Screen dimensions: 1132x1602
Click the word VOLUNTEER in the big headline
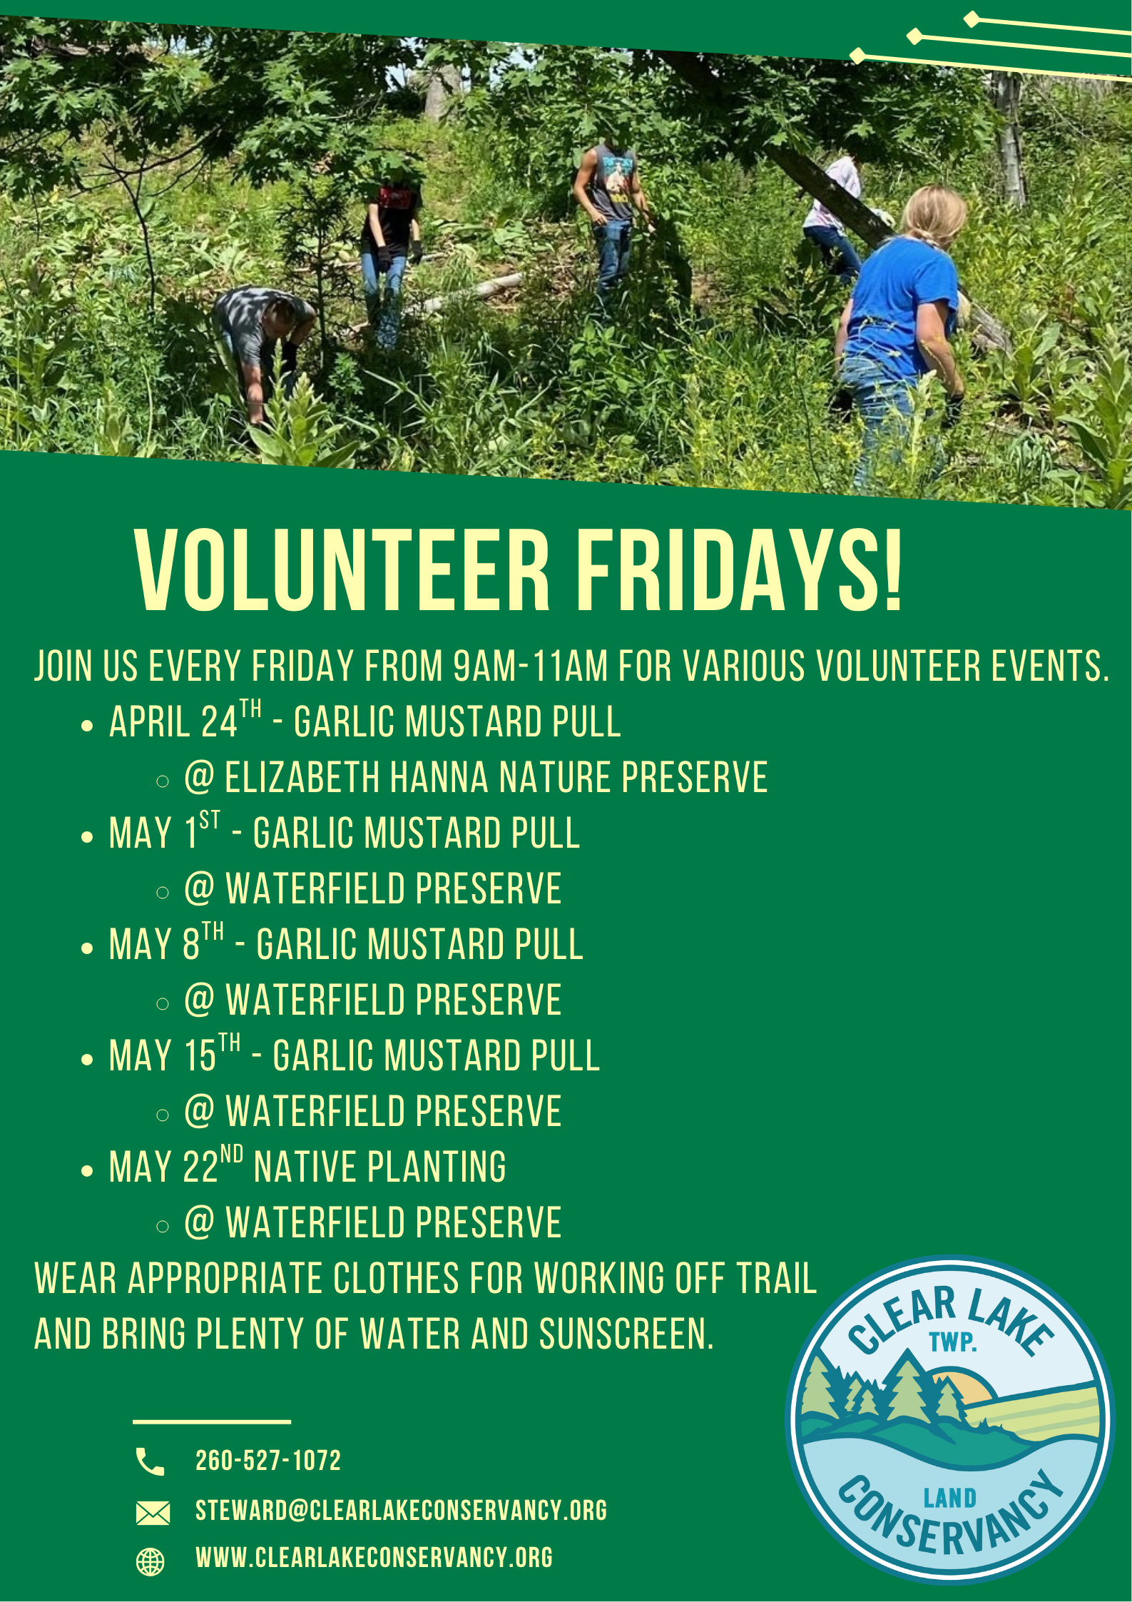tap(343, 570)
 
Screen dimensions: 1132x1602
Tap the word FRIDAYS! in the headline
tap(740, 570)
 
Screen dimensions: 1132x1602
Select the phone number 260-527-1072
tap(268, 1461)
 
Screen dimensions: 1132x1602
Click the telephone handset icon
tap(150, 1461)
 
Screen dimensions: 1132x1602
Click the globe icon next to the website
tap(150, 1561)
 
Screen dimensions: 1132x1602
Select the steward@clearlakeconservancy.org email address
tap(401, 1511)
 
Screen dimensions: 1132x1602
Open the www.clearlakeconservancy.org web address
tap(374, 1557)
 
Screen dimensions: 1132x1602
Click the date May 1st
tap(165, 831)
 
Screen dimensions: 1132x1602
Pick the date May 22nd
tap(176, 1165)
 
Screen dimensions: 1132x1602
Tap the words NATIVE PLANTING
tap(380, 1167)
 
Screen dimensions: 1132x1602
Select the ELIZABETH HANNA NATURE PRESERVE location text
tap(496, 777)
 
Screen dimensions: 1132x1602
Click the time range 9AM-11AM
tap(531, 666)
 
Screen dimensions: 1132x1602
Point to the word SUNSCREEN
tap(626, 1334)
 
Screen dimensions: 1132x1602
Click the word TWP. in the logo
tap(953, 1342)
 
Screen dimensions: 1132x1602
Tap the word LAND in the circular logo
tap(950, 1499)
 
